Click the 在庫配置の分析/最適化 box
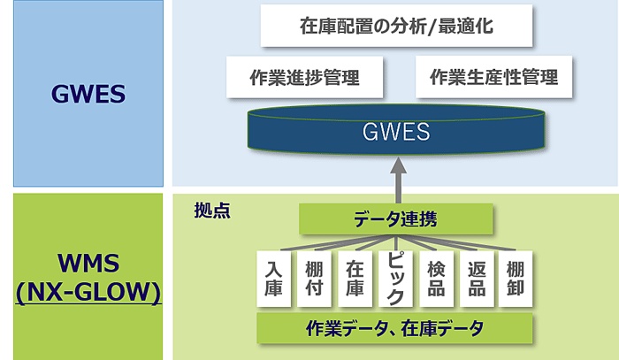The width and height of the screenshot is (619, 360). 396,26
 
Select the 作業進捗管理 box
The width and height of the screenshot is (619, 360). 304,77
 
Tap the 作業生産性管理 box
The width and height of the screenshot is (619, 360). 493,77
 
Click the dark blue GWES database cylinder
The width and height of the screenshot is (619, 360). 396,129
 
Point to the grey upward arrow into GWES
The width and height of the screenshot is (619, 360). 398,180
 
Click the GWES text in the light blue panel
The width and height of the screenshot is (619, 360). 88,94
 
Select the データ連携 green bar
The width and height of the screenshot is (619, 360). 395,219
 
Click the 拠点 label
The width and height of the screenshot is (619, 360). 212,211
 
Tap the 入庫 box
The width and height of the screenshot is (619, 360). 273,279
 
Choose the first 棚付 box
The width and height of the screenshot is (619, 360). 314,279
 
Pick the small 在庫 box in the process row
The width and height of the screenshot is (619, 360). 355,279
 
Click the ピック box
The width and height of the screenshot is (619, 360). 395,279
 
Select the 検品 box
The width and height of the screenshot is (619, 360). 436,279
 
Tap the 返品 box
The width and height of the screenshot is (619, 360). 477,279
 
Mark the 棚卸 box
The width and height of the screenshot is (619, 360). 516,279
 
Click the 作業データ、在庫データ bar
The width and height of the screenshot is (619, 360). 394,328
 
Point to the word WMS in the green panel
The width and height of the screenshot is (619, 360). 88,263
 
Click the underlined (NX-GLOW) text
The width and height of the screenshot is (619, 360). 88,293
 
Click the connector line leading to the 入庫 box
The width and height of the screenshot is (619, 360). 338,242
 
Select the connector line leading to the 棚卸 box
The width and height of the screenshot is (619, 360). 455,242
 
